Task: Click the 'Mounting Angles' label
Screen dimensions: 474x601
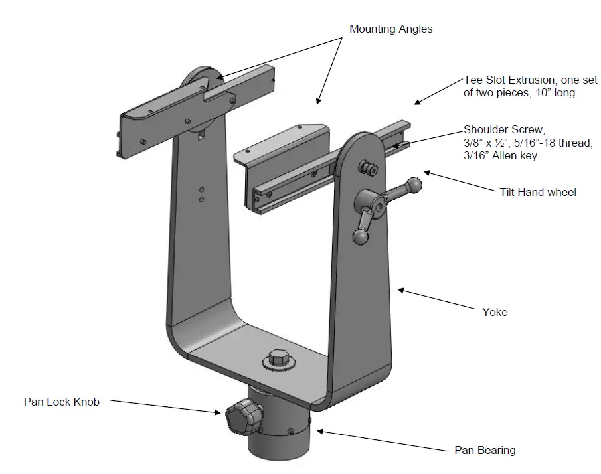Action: pos(391,29)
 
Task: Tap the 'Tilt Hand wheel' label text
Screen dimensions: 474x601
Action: pos(537,192)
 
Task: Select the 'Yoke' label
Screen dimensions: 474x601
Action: pos(495,311)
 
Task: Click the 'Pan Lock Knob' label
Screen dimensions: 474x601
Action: pos(62,402)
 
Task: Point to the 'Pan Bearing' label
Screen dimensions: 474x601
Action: pos(485,450)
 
